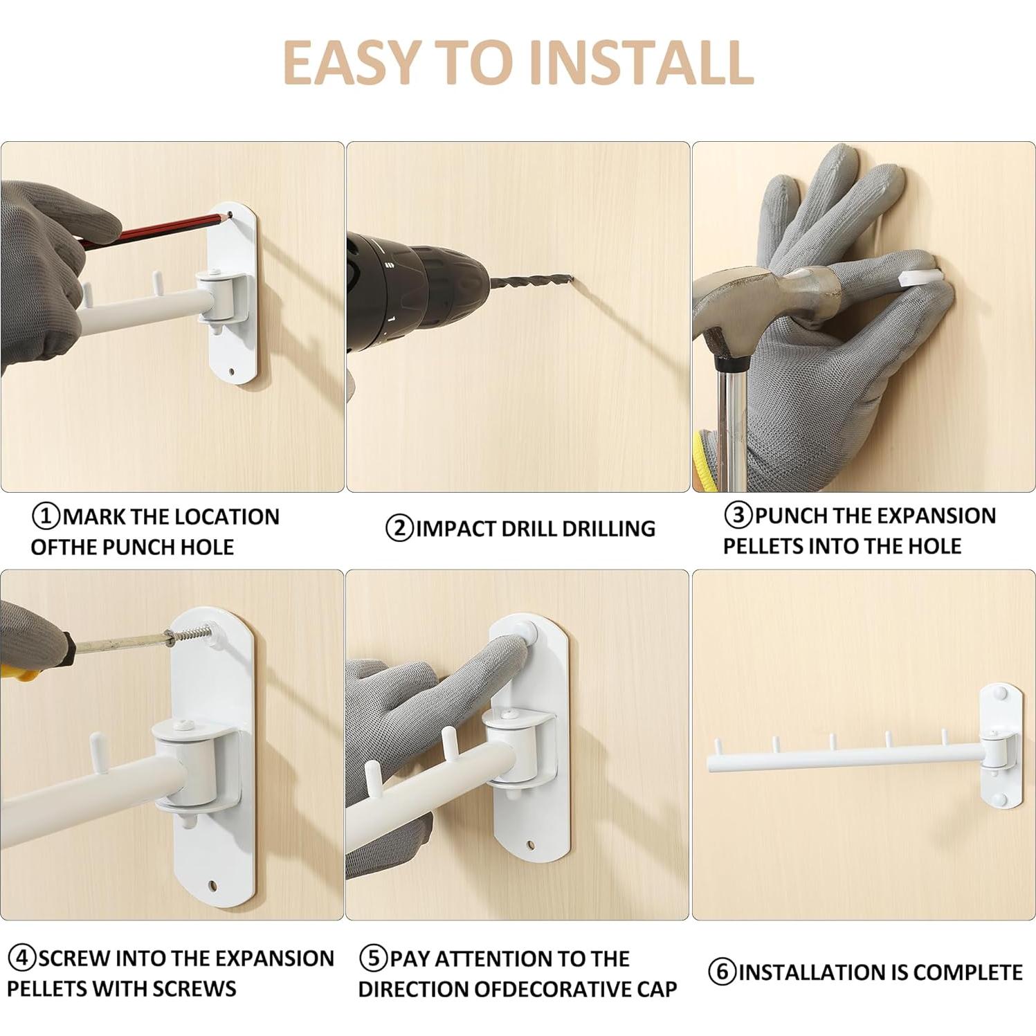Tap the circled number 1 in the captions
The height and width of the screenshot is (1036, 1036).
(46, 516)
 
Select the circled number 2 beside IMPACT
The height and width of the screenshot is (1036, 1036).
(399, 529)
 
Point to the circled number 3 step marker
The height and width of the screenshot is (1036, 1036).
(738, 515)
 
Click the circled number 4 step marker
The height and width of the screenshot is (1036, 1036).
(22, 958)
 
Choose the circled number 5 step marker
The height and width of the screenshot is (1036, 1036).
(374, 958)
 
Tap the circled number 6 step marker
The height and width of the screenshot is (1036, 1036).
(723, 972)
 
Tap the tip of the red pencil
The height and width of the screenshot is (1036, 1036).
(228, 217)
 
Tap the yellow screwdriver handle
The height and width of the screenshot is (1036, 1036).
(19, 671)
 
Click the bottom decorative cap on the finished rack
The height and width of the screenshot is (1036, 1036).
(998, 800)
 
